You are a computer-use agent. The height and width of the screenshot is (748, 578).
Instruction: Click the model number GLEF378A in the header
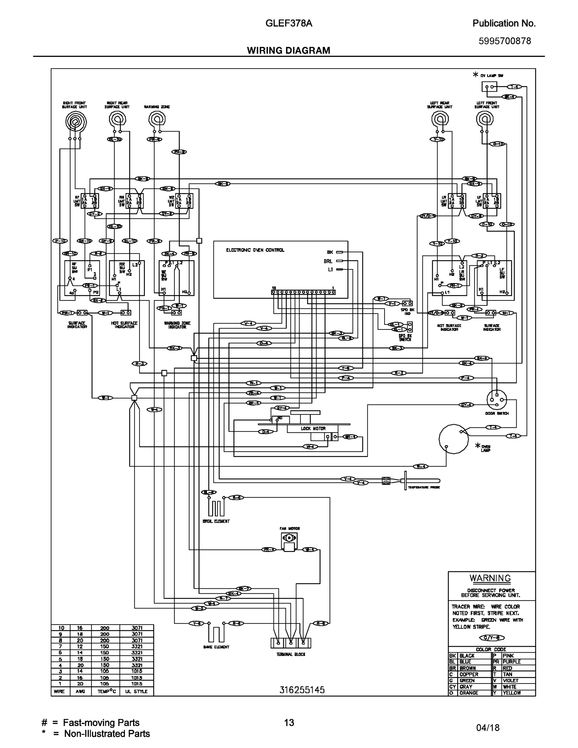[289, 23]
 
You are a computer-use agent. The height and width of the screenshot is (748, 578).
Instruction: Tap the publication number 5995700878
[504, 41]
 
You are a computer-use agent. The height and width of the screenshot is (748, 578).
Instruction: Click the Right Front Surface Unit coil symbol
[76, 122]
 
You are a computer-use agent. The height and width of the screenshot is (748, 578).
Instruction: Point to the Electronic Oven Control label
[255, 250]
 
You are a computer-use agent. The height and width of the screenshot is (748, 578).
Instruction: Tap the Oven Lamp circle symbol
[453, 439]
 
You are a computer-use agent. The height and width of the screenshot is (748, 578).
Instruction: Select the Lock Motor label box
[313, 429]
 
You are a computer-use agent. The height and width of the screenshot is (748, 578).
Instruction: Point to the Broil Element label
[216, 521]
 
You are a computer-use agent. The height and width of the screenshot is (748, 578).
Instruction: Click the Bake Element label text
[216, 647]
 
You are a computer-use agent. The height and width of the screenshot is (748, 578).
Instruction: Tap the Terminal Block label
[291, 654]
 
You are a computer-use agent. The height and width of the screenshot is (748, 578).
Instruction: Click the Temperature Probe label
[423, 487]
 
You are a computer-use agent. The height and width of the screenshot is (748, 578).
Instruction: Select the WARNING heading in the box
[490, 578]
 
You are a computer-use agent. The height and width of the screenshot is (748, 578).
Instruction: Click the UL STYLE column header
[136, 692]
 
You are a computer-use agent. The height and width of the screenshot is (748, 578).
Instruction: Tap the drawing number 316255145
[302, 690]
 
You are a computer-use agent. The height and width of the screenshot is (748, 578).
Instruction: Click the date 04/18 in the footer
[488, 728]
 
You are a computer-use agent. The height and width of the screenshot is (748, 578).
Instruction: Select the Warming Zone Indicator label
[177, 325]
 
